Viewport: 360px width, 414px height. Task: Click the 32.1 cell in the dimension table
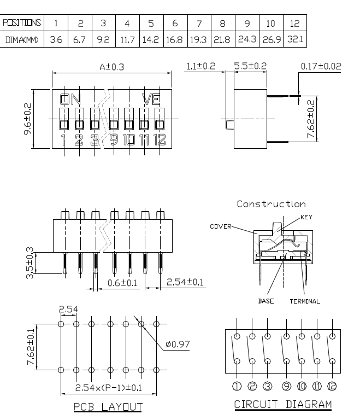point(296,40)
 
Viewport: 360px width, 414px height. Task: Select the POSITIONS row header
point(22,23)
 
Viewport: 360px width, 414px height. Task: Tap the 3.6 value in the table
point(56,40)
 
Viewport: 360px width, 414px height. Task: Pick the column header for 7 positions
point(198,23)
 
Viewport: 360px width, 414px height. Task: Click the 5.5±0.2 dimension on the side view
point(250,67)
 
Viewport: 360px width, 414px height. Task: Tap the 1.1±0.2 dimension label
point(200,67)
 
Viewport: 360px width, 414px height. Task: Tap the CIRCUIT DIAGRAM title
point(282,405)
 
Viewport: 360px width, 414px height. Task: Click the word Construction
point(271,204)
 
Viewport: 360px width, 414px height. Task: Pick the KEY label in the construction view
point(306,217)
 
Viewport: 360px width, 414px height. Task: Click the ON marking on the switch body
point(70,99)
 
